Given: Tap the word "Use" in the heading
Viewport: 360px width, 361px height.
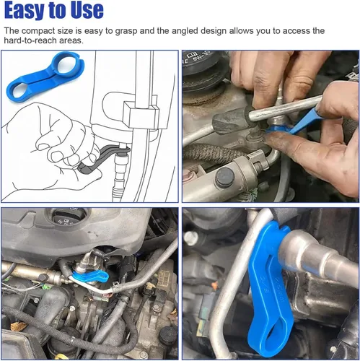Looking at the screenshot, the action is coord(87,10).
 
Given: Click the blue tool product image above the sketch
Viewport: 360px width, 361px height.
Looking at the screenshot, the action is coord(45,77).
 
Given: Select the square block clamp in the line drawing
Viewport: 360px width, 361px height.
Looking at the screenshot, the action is coord(141,113).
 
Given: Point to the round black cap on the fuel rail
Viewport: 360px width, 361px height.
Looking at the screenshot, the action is coord(225,178).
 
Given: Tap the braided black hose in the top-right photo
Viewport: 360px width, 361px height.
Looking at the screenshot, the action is coord(216,152).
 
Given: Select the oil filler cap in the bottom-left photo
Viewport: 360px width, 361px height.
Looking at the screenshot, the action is coord(69,217).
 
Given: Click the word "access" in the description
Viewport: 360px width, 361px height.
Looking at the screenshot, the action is coord(296,31).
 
